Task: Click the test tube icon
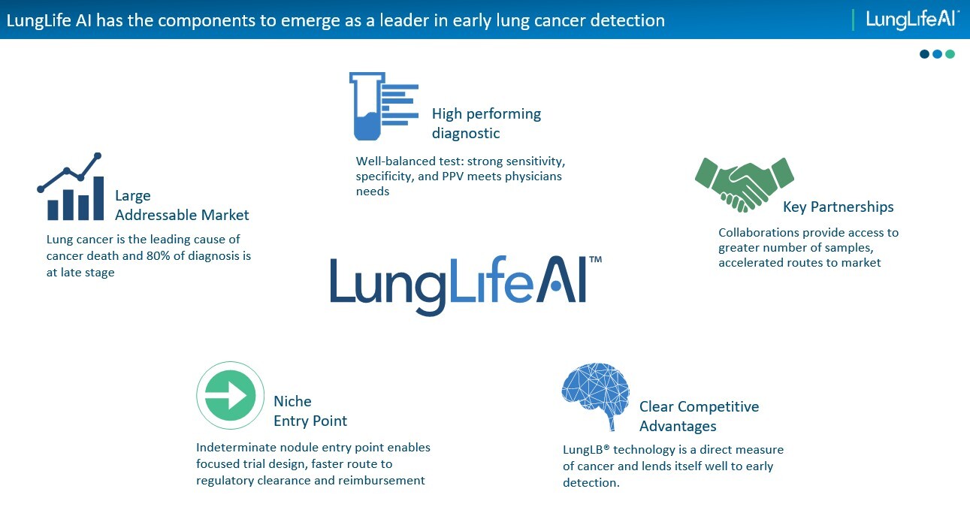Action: click(367, 107)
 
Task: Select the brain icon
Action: click(596, 395)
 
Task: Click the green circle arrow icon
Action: click(230, 395)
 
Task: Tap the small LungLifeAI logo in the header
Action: click(912, 20)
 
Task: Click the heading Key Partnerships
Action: click(838, 207)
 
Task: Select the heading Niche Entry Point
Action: click(310, 411)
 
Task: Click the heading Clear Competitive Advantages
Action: click(699, 416)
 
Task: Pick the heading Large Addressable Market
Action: click(182, 205)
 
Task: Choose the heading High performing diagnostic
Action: click(486, 123)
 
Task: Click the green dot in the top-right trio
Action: click(950, 54)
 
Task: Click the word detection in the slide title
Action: click(630, 20)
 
